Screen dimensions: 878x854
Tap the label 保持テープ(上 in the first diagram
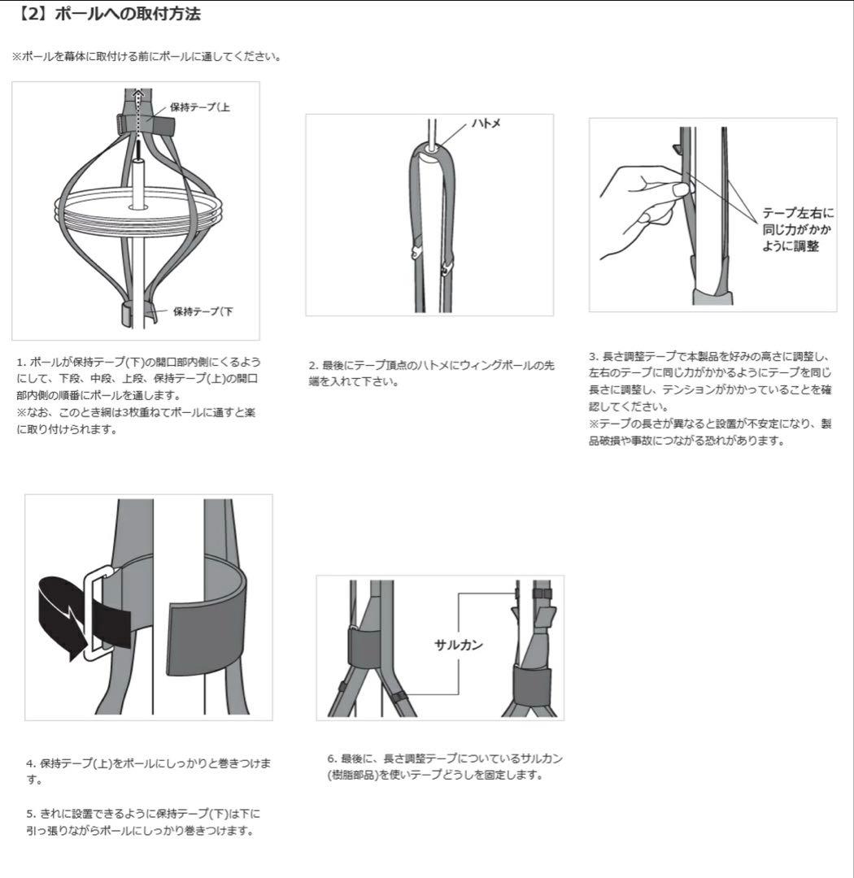pos(199,107)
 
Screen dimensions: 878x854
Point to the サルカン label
pos(459,645)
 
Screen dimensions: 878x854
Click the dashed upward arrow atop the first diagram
pos(137,106)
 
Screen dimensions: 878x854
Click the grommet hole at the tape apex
pos(429,149)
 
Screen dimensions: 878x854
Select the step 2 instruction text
pos(431,374)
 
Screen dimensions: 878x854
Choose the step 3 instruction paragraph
pos(710,398)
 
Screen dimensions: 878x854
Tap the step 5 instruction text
pos(143,822)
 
